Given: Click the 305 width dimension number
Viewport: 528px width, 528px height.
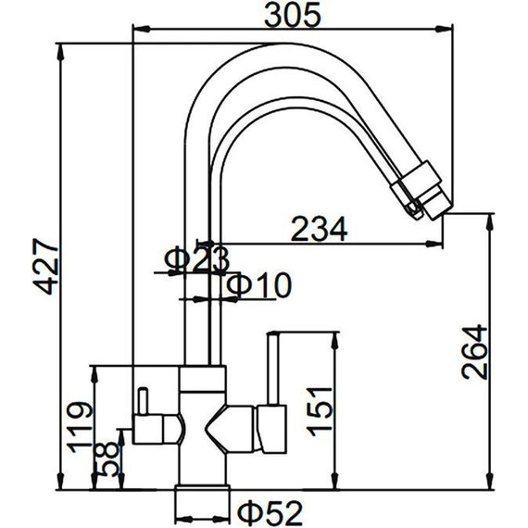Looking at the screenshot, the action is click(x=293, y=16).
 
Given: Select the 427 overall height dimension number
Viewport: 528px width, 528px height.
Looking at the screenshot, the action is click(x=45, y=267).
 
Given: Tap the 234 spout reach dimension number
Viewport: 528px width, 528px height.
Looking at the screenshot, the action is click(x=319, y=229).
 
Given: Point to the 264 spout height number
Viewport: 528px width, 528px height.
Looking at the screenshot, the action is click(x=474, y=352).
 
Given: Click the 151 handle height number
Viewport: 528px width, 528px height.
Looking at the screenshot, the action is click(x=320, y=411).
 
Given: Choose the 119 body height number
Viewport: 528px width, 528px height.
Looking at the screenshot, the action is click(x=79, y=427).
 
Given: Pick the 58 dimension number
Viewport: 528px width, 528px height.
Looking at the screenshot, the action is click(x=107, y=459).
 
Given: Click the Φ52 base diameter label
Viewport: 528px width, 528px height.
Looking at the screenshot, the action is click(x=270, y=513).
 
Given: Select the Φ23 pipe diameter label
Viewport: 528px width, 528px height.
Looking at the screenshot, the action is click(x=197, y=259).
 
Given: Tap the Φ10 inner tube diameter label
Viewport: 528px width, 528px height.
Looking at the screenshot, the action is click(x=258, y=285).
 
